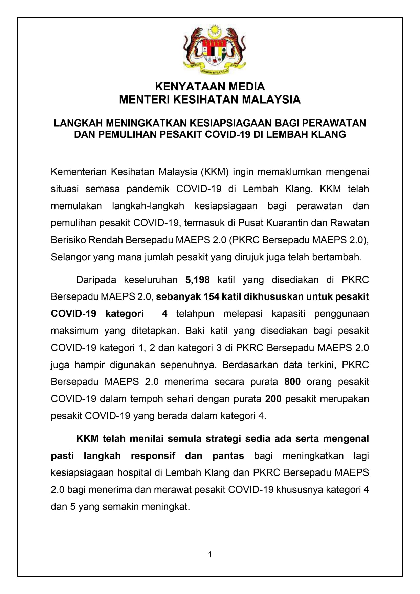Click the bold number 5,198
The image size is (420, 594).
coord(198,280)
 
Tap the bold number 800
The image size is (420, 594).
coord(292,382)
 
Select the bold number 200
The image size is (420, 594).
coord(273,399)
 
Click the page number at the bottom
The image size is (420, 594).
coord(210,554)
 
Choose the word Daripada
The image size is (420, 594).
coord(96,280)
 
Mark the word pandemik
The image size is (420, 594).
coord(148,189)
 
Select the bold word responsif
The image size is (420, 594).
coord(153,456)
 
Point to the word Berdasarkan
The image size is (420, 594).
coord(250,365)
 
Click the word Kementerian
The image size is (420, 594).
coord(79,172)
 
